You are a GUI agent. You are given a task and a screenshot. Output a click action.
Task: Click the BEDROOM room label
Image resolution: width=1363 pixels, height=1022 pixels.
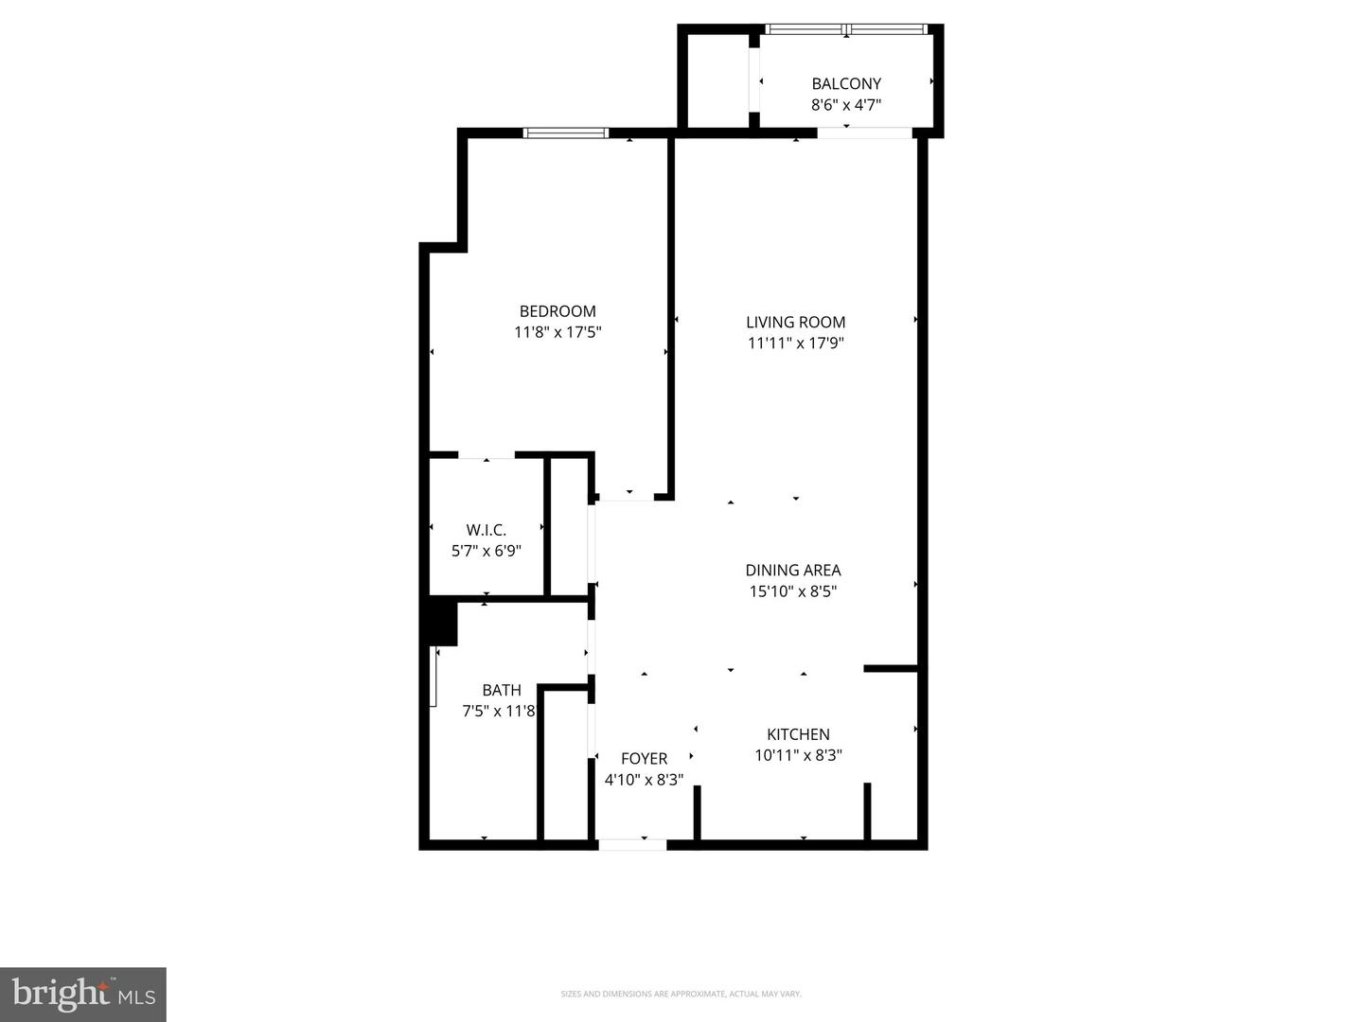coord(558,311)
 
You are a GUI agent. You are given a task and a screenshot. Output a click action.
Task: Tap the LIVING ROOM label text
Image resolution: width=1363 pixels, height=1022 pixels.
coord(795,322)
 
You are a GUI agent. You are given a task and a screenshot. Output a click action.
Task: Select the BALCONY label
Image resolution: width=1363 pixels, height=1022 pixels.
coord(846,83)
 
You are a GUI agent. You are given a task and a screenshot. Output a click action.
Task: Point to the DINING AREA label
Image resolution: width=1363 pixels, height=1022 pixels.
coord(793,570)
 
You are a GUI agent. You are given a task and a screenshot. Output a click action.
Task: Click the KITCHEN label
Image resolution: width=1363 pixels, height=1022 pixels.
coord(798,734)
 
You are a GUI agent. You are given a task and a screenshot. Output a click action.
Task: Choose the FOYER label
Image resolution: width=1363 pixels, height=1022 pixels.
coord(644,758)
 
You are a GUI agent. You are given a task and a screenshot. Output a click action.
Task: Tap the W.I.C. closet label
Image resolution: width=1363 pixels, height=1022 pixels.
coord(486,530)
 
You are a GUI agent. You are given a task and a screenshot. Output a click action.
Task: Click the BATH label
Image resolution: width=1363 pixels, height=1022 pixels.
coord(501,690)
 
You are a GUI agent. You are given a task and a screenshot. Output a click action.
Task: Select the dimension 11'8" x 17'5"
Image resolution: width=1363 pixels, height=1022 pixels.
coord(558,332)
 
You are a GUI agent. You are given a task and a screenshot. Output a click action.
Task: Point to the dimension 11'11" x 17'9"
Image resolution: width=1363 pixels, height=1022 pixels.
coord(795,343)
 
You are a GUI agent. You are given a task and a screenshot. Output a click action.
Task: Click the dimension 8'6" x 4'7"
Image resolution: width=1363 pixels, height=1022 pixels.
coord(846,104)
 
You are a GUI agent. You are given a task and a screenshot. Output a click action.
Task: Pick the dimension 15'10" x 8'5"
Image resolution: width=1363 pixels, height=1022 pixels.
coord(793,591)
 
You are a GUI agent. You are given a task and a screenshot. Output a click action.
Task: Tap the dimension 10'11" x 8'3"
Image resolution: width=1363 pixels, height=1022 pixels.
coord(798,755)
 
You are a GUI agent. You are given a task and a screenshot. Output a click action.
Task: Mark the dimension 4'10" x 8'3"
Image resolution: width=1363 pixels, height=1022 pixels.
coord(644,780)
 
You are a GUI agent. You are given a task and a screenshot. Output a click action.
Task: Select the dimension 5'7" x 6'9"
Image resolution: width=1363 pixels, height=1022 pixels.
coord(486,551)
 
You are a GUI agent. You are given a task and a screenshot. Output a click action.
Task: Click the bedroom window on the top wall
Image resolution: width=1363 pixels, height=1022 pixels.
coord(566,133)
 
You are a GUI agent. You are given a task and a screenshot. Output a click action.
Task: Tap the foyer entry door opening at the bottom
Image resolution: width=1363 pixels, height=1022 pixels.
coord(633,844)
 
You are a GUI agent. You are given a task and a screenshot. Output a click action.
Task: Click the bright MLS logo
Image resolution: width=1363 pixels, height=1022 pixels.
coord(83,994)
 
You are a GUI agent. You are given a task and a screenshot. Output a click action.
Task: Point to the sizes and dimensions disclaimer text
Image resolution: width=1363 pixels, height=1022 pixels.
coord(681,994)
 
